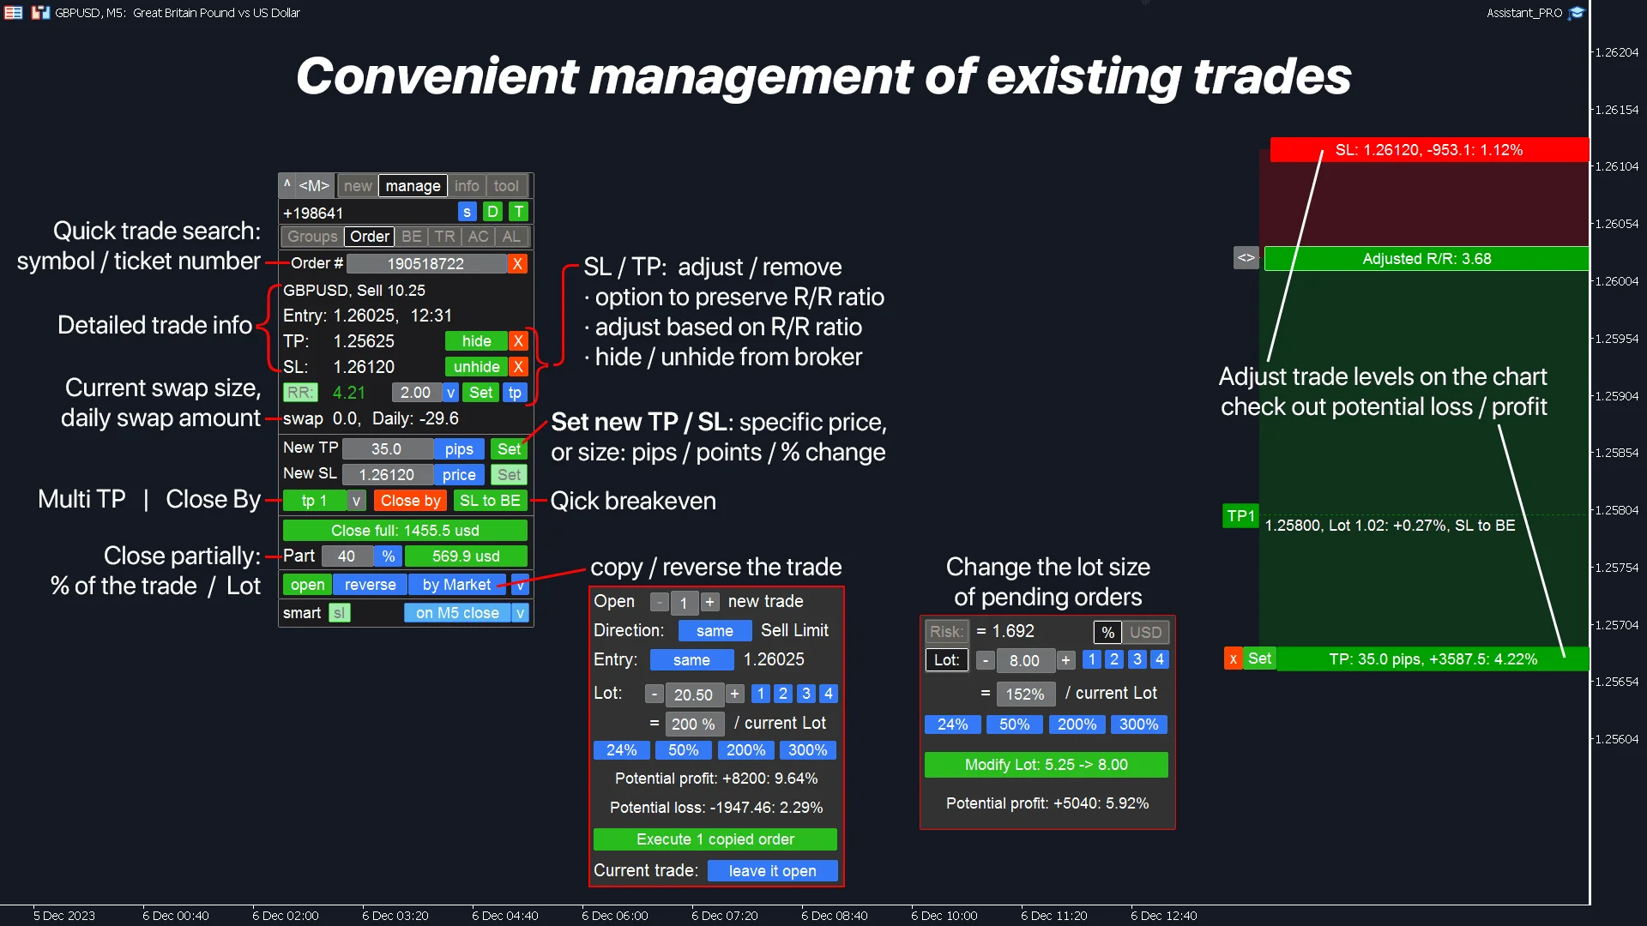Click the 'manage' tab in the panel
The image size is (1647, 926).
coord(413,186)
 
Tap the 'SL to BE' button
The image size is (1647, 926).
coord(490,501)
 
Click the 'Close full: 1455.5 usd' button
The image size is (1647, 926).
coord(405,531)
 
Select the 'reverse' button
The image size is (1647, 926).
coord(370,585)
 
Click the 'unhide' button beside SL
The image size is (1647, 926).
coord(476,367)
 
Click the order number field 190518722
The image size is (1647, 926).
coord(425,264)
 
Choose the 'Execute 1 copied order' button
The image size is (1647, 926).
coord(715,839)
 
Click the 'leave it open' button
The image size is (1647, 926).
coord(772,871)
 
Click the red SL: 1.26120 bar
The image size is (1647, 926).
coord(1429,150)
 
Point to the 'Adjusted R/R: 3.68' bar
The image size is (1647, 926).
coord(1426,259)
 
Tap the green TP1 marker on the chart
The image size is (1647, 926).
coord(1240,516)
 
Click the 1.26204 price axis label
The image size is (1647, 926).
coord(1617,52)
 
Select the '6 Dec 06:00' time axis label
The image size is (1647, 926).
coord(614,916)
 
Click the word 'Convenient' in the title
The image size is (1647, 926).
coord(437,76)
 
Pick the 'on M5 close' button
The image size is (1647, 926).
coord(457,613)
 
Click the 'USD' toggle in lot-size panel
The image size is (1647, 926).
coord(1145,633)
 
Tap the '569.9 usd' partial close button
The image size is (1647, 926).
coord(466,556)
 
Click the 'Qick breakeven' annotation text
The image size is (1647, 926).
coord(633,501)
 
